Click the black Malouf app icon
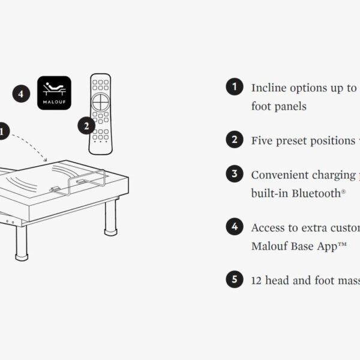click(x=54, y=93)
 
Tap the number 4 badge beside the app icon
click(x=21, y=94)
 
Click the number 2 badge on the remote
click(x=86, y=126)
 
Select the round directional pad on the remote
click(x=101, y=102)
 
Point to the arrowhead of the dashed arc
click(x=46, y=160)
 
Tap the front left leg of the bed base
click(x=22, y=244)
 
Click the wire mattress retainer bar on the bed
click(x=88, y=181)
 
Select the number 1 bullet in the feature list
click(x=235, y=86)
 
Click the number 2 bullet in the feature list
click(x=235, y=139)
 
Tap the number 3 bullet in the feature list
click(x=235, y=174)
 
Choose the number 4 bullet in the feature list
click(x=235, y=227)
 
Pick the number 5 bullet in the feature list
click(x=235, y=279)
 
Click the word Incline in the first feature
click(x=269, y=88)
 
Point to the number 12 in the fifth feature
click(x=256, y=281)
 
